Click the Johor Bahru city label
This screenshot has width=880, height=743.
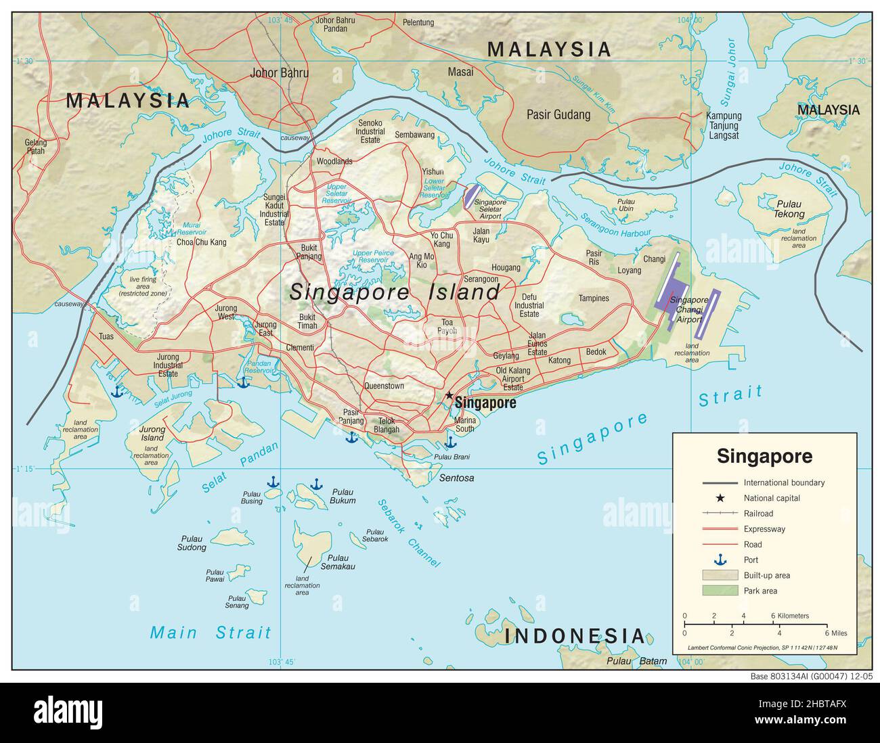279,73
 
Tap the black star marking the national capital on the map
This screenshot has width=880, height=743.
448,395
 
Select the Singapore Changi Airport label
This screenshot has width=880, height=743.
688,309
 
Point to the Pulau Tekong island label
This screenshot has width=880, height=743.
789,209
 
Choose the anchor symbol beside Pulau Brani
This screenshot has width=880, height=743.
450,443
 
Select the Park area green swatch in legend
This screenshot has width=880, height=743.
719,591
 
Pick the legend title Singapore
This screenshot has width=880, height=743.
764,455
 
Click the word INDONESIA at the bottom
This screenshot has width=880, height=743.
575,636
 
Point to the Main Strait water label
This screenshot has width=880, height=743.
210,633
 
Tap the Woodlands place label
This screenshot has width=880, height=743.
334,162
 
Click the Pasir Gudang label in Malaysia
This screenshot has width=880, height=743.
558,115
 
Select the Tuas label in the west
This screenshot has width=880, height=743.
106,336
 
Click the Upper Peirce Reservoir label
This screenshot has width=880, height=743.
372,256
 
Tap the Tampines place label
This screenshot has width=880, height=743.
594,298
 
